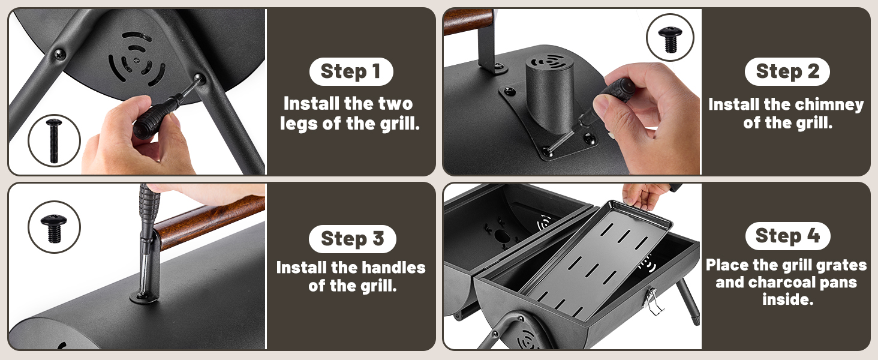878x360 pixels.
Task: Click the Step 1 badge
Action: click(351, 71)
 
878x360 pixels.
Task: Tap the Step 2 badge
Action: click(787, 71)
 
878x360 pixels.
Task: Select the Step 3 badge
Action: click(352, 238)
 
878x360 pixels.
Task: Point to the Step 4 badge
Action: click(787, 236)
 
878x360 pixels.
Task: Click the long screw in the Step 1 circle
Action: click(54, 140)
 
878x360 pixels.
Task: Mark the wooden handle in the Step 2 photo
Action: click(468, 20)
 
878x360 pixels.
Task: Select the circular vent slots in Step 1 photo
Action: click(137, 59)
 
